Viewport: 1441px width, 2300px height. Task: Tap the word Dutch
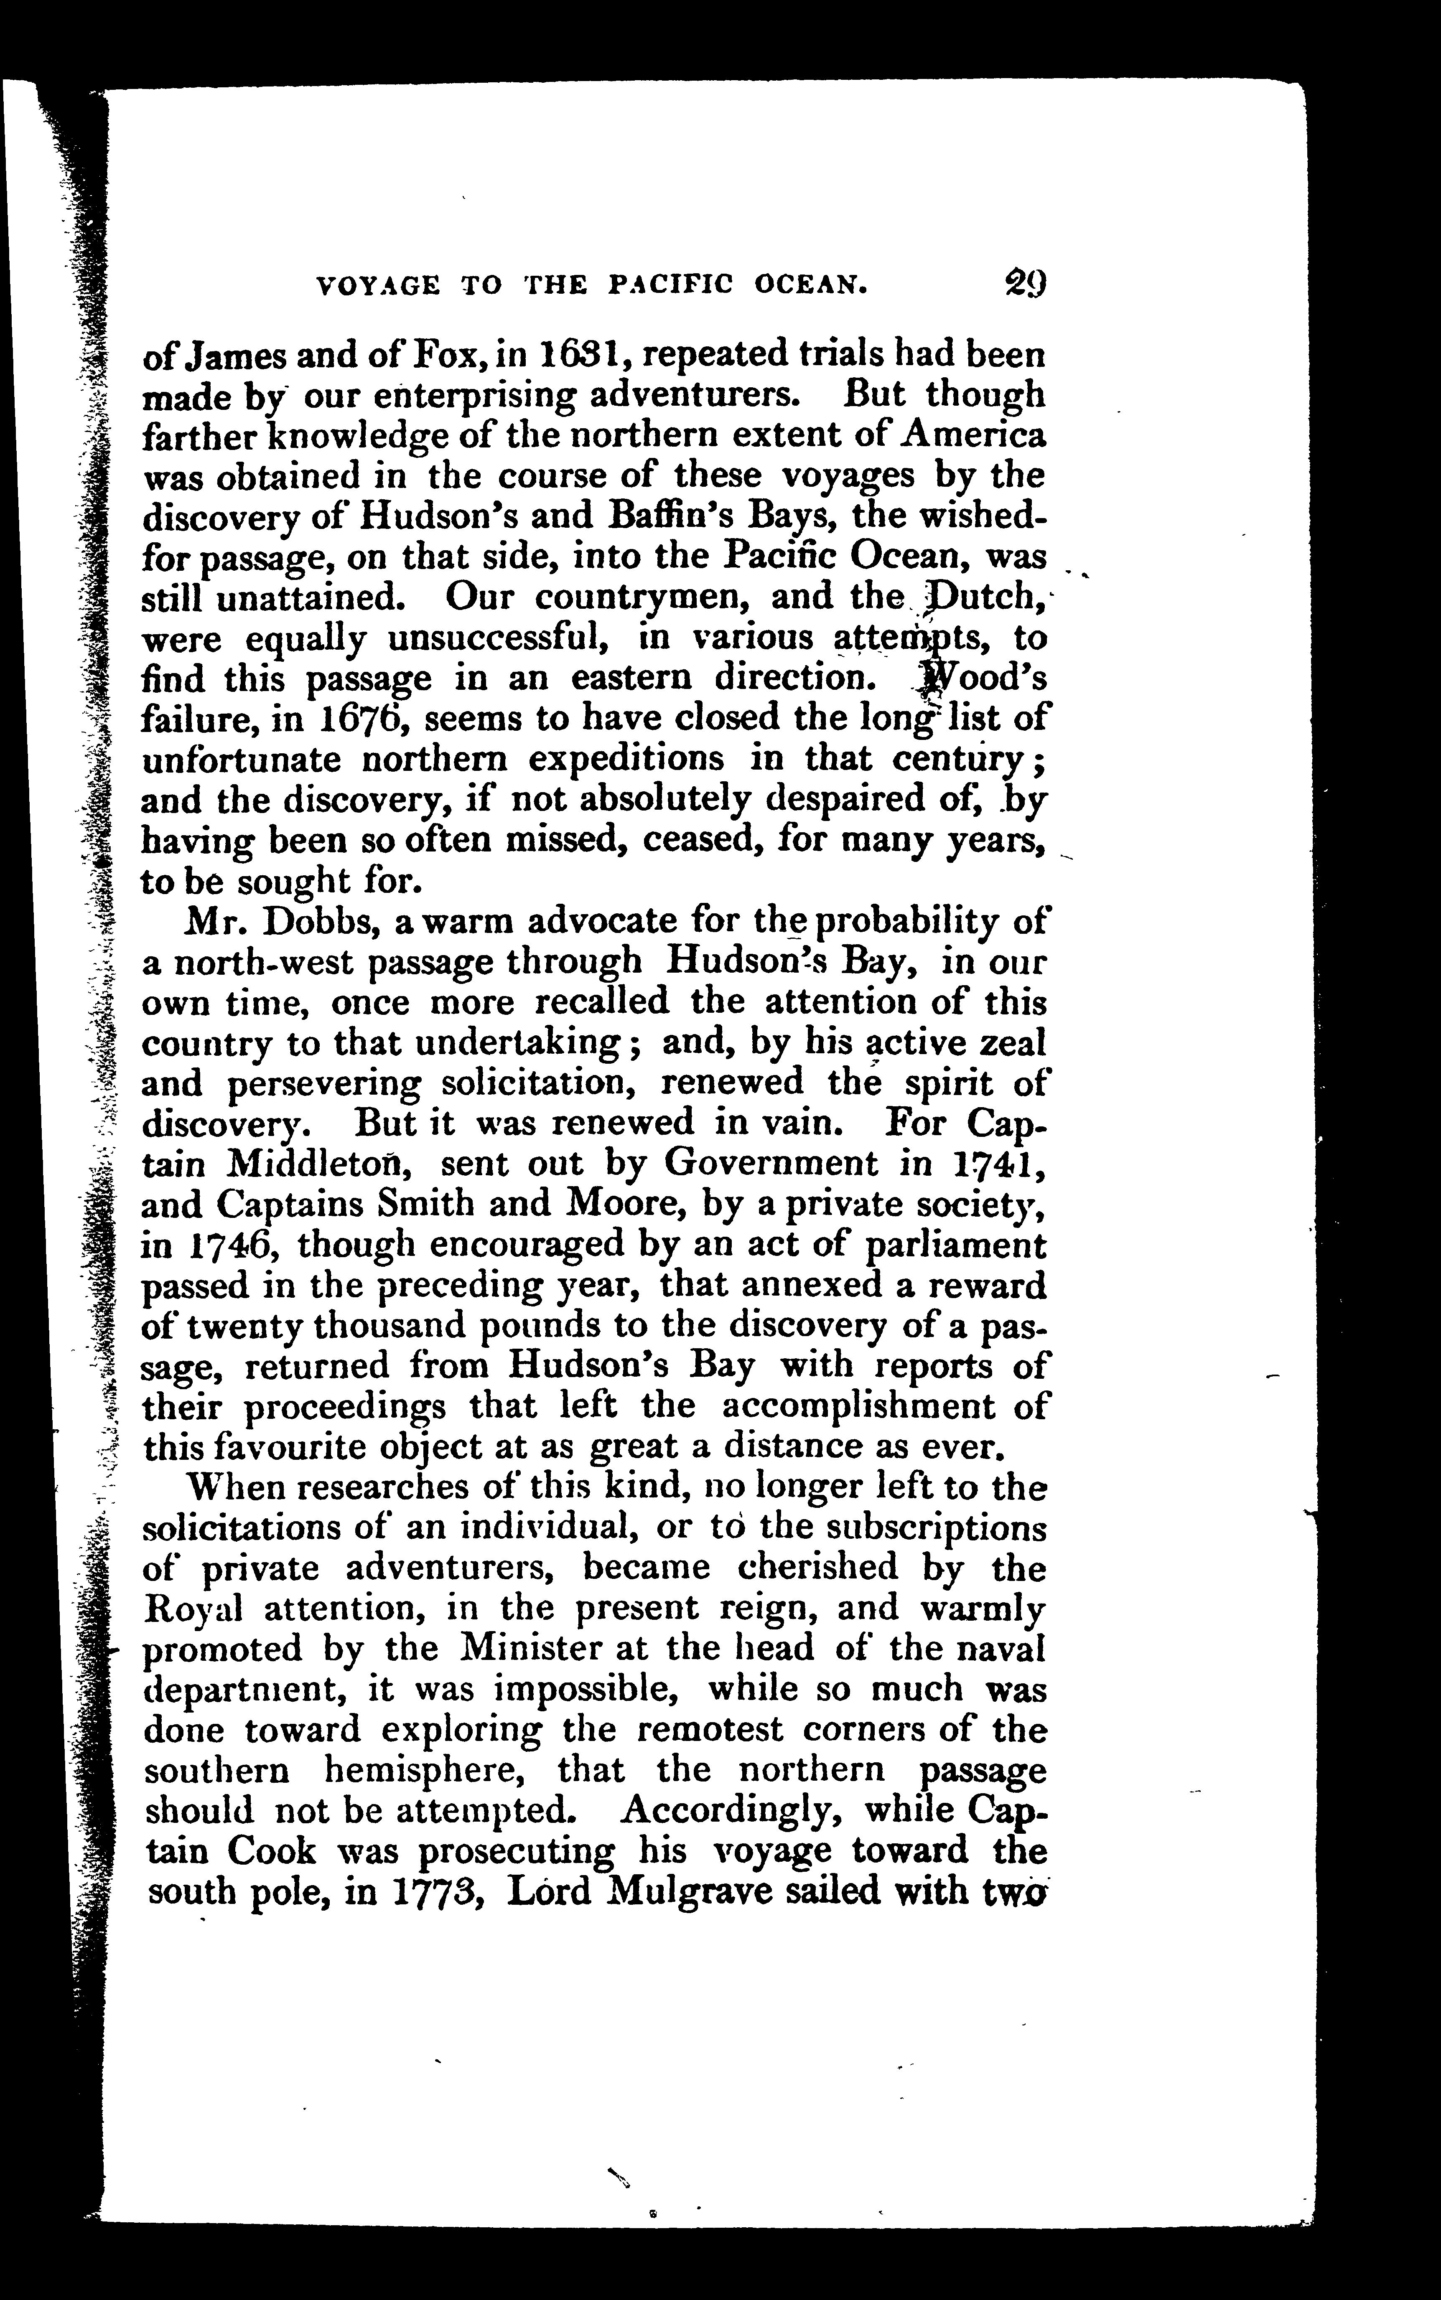click(x=988, y=597)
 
